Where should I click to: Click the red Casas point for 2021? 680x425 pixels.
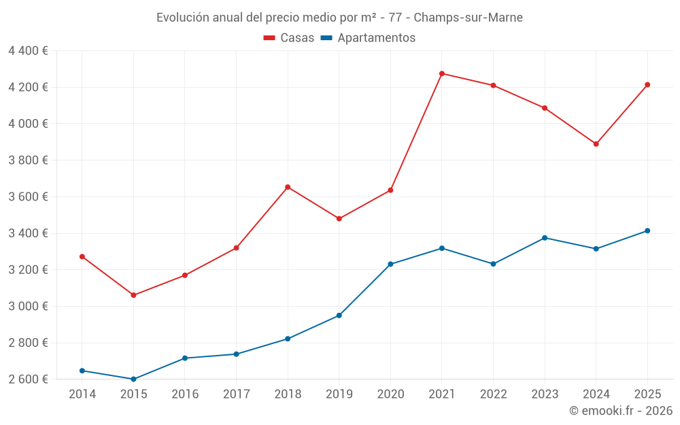(442, 73)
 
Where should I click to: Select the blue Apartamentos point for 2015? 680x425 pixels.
(133, 379)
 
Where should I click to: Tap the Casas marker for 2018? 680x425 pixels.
(288, 187)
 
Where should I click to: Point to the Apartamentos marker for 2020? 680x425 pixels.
(390, 264)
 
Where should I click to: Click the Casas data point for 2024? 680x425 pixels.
(596, 144)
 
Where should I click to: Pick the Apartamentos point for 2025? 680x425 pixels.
(647, 231)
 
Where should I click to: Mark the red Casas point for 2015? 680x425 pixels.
(133, 295)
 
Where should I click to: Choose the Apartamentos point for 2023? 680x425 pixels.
(545, 238)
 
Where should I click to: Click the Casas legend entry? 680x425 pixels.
(289, 38)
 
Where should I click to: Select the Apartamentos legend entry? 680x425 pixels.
(368, 38)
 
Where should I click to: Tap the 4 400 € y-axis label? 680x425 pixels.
(28, 50)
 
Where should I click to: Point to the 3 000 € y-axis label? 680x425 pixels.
(28, 306)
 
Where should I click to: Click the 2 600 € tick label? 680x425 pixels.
(28, 379)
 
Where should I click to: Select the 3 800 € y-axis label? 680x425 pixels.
(28, 160)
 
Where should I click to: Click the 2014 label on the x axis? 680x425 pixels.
(82, 394)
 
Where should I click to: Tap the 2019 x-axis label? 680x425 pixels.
(339, 394)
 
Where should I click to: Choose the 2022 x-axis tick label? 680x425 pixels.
(493, 394)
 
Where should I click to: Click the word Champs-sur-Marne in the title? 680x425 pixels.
(469, 18)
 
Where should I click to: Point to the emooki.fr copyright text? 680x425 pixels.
(621, 411)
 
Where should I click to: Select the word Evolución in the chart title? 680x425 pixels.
(183, 18)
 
